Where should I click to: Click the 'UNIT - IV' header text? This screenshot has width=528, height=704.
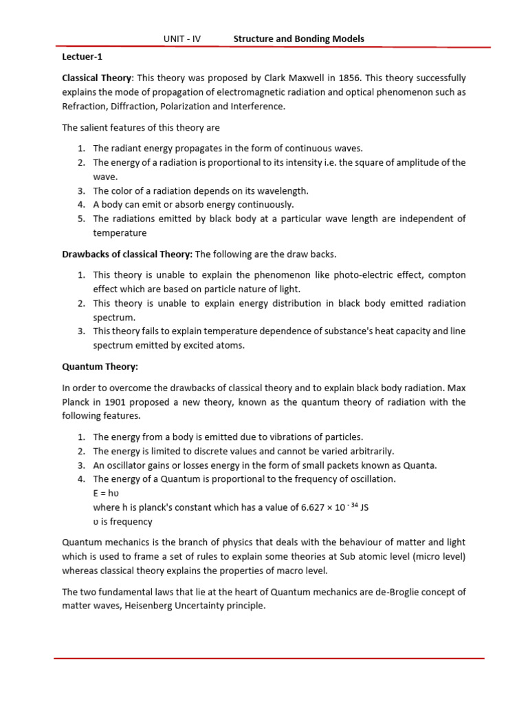(x=182, y=39)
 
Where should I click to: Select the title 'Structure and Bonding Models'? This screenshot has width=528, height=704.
(x=299, y=39)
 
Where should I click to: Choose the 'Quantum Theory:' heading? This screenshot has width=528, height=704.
(x=94, y=367)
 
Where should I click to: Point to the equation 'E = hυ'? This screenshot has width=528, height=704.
(x=110, y=493)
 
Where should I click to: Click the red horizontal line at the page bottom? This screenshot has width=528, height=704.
(x=269, y=659)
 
